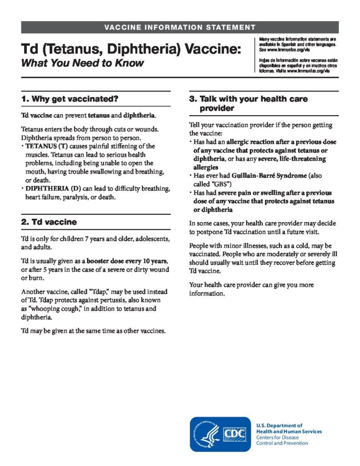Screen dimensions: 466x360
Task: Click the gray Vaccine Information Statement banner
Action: click(x=180, y=27)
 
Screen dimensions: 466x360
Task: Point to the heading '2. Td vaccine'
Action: click(x=49, y=222)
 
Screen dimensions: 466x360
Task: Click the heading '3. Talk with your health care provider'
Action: click(x=248, y=103)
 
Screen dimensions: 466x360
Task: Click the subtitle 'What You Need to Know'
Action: click(x=82, y=63)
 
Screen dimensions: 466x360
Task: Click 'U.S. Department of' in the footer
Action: click(x=279, y=425)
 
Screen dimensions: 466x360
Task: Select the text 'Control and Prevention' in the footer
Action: click(x=282, y=443)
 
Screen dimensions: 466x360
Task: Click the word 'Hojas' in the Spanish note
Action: click(x=265, y=61)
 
